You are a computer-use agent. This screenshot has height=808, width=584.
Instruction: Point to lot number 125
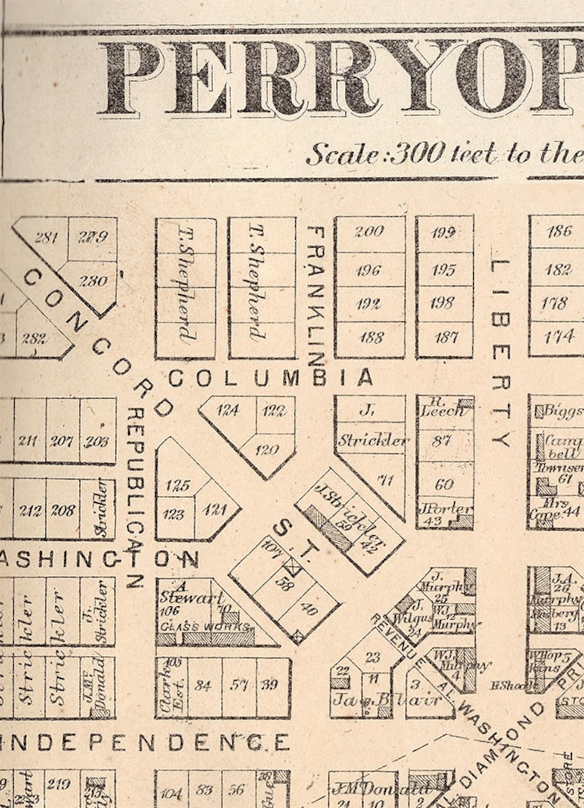(177, 486)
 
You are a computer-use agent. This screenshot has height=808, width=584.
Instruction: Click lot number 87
(442, 440)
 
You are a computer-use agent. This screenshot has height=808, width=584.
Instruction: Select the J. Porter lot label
(445, 510)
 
